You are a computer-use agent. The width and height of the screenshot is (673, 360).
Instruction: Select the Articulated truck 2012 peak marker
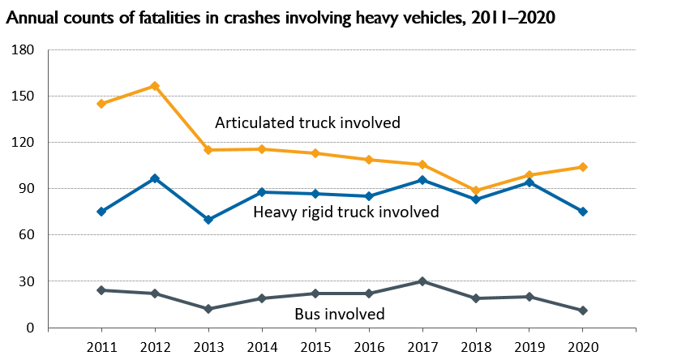[x=154, y=86]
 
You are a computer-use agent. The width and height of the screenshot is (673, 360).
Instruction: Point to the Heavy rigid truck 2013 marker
[x=208, y=220]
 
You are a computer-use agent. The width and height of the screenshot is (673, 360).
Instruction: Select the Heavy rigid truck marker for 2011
[x=101, y=212]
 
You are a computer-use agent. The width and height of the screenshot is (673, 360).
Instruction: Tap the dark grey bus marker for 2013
[x=208, y=309]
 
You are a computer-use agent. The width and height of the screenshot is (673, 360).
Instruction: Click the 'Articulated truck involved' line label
[x=307, y=123]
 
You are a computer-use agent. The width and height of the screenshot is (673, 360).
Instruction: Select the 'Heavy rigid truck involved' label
[x=345, y=212]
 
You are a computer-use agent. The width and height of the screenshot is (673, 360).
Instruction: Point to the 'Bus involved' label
[x=339, y=314]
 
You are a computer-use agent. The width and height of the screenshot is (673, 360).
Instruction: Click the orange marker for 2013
[x=208, y=150]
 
